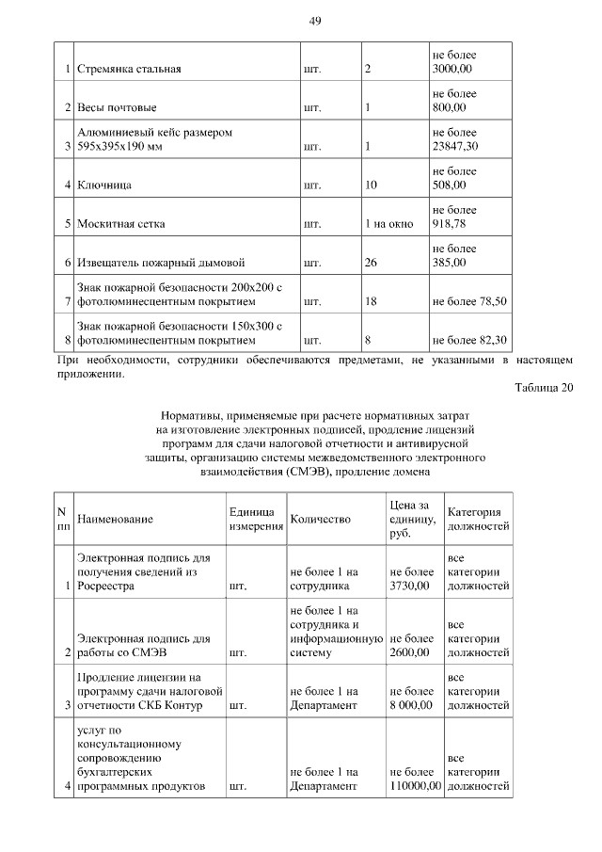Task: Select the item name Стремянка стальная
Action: (129, 69)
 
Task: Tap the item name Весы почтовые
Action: (117, 107)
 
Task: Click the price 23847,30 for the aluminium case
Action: (456, 146)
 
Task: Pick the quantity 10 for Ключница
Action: (371, 185)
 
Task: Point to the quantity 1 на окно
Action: (388, 224)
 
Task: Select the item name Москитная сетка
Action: (121, 224)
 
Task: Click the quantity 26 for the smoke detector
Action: (371, 263)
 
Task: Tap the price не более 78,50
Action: (469, 301)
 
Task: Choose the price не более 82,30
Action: (469, 340)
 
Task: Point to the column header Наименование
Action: (115, 519)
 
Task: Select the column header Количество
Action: (321, 519)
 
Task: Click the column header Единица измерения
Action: (256, 519)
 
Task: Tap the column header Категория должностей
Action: (478, 519)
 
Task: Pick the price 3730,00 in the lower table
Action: (409, 585)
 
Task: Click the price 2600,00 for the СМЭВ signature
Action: (409, 651)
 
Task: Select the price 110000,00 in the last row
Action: (415, 784)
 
